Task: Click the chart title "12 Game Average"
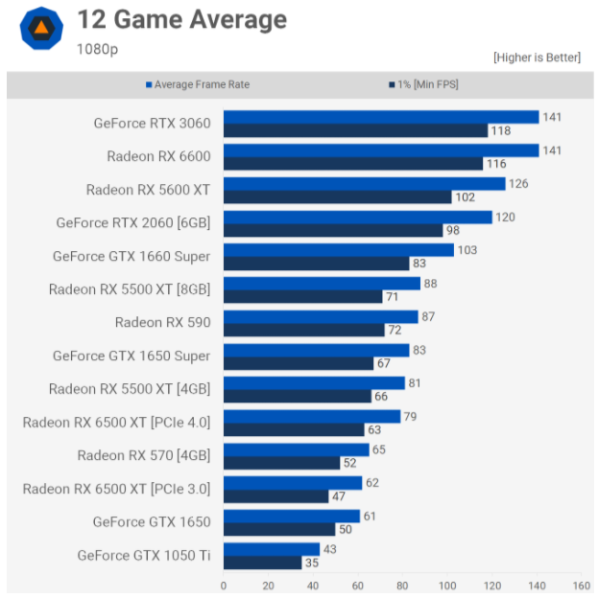coord(181,19)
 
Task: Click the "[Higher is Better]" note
coord(537,57)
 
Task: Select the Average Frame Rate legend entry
coord(198,84)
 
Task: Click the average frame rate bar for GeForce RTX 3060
coord(381,117)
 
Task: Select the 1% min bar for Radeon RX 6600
coord(352,164)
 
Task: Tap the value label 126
coord(519,184)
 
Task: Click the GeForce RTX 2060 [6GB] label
coord(133,222)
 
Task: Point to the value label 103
coord(467,250)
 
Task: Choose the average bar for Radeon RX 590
coord(321,316)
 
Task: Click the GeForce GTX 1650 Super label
coord(132,356)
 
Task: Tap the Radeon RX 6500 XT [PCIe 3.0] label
coord(116,489)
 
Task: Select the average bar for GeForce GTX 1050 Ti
coord(272,549)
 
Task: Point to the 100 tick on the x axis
coord(447,586)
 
